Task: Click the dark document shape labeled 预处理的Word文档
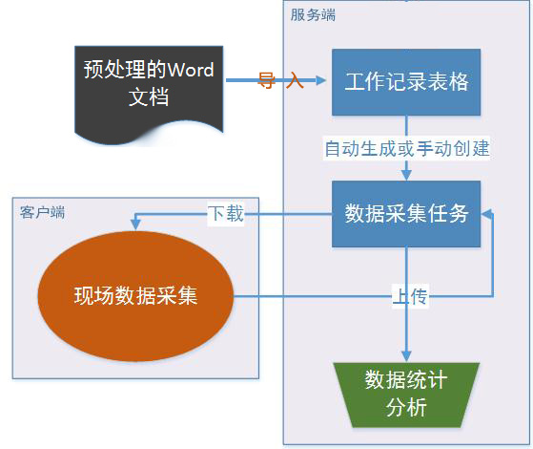[149, 92]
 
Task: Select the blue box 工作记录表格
[406, 82]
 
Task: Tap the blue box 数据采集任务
[406, 214]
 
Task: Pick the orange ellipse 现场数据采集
[135, 296]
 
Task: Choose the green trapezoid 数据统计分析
[406, 395]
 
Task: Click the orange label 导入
[280, 80]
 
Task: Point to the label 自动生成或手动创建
[407, 148]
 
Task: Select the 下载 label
[226, 214]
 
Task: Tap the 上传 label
[410, 296]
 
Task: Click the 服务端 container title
[313, 15]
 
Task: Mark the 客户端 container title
[42, 212]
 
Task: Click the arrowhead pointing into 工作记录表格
[321, 80]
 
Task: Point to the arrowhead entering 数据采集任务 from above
[406, 175]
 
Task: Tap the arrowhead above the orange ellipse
[135, 224]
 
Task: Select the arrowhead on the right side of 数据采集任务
[486, 214]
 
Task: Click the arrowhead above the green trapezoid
[406, 356]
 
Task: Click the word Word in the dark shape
[191, 70]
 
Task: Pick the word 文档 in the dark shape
[149, 97]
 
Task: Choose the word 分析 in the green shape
[406, 407]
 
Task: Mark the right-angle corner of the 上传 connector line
[493, 296]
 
